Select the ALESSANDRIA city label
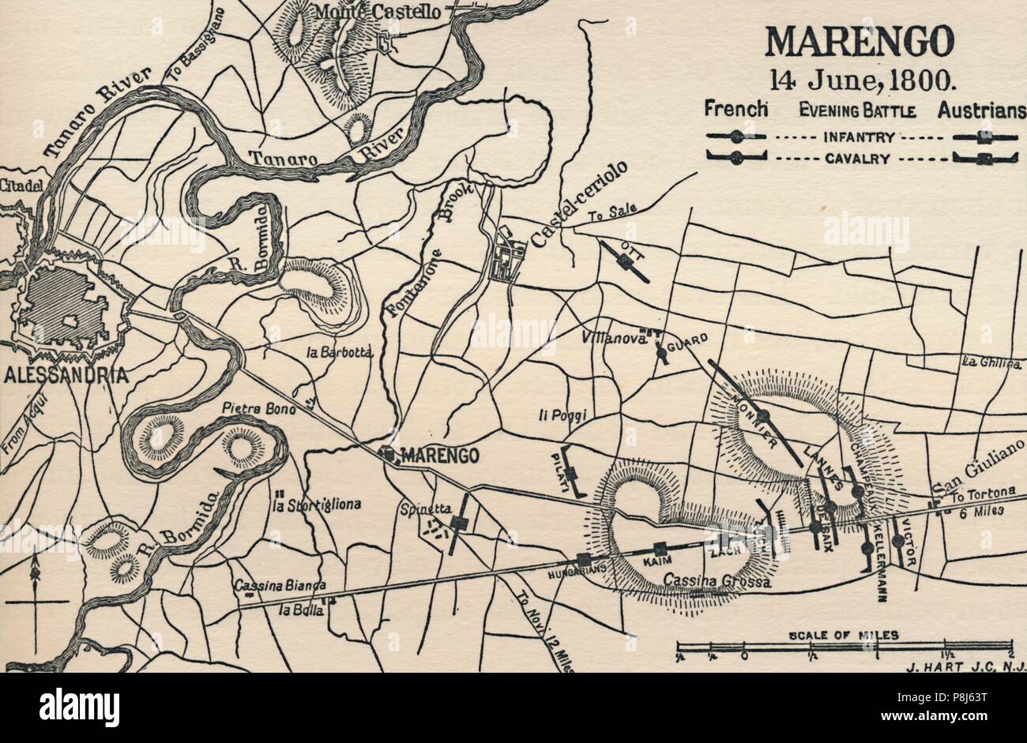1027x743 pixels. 66,375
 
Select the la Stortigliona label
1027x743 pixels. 316,505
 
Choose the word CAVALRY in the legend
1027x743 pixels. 858,158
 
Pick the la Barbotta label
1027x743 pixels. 338,353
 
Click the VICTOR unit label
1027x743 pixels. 908,543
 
